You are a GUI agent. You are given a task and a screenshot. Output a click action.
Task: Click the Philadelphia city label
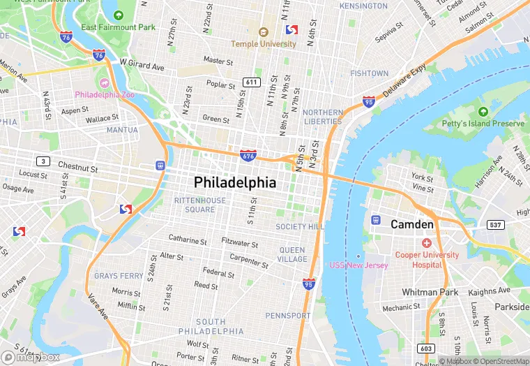pos(235,183)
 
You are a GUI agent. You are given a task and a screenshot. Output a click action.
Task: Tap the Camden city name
pos(412,224)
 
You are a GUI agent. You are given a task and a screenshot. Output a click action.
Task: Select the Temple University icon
pos(264,32)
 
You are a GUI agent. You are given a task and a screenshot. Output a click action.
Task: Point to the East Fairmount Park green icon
pos(118,15)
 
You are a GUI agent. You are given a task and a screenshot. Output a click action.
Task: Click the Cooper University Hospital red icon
pos(426,242)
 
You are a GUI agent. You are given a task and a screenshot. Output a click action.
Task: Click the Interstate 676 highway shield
pos(247,155)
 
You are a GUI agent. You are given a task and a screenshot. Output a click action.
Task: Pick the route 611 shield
pos(252,82)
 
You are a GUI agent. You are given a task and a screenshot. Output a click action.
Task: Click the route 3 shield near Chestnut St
pos(44,161)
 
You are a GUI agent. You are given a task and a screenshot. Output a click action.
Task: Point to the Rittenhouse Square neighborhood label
pos(199,205)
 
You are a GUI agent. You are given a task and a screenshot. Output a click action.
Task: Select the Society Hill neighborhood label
pos(300,227)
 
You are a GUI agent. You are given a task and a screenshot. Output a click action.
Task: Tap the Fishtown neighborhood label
pos(369,73)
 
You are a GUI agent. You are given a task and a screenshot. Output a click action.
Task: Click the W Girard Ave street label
pos(142,64)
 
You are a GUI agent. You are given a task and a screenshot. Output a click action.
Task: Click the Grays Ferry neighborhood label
pos(119,276)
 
